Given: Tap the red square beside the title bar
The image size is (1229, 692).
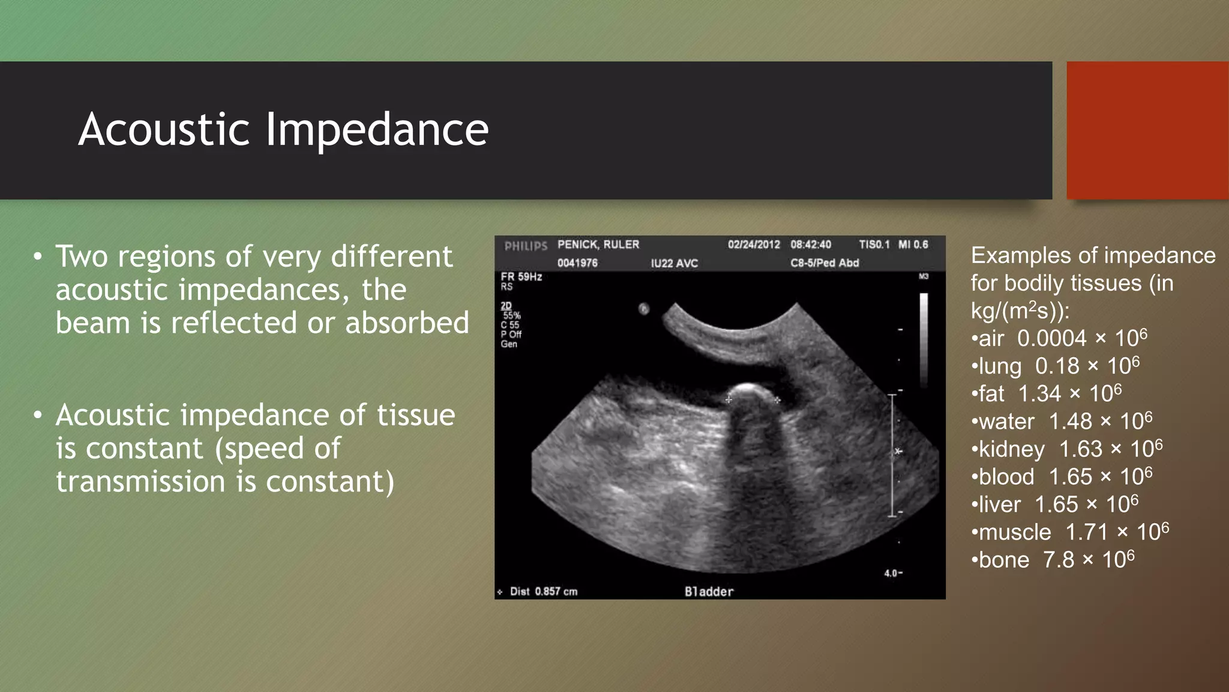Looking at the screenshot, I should point(1147,130).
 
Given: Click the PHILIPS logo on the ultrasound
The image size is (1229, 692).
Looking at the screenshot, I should point(526,246).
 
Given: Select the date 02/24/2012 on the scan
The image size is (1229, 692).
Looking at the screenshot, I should point(754,244).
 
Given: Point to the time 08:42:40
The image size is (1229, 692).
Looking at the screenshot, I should point(811,244).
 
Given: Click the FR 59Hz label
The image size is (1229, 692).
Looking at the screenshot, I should point(521,277).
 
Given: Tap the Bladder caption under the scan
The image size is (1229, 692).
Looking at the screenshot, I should point(709,592).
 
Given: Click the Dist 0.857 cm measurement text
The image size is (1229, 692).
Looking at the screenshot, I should point(543,592).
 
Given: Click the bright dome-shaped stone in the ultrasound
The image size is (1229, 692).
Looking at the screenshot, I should point(750,393).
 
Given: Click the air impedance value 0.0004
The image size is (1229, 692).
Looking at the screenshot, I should point(1051,339).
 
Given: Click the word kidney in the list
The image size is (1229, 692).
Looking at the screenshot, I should point(1012,449).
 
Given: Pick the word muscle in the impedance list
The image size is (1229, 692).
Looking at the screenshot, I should point(1015,532).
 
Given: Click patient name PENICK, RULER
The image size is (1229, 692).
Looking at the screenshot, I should point(598,244).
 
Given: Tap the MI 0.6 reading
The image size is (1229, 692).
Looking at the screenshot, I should point(913,244).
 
